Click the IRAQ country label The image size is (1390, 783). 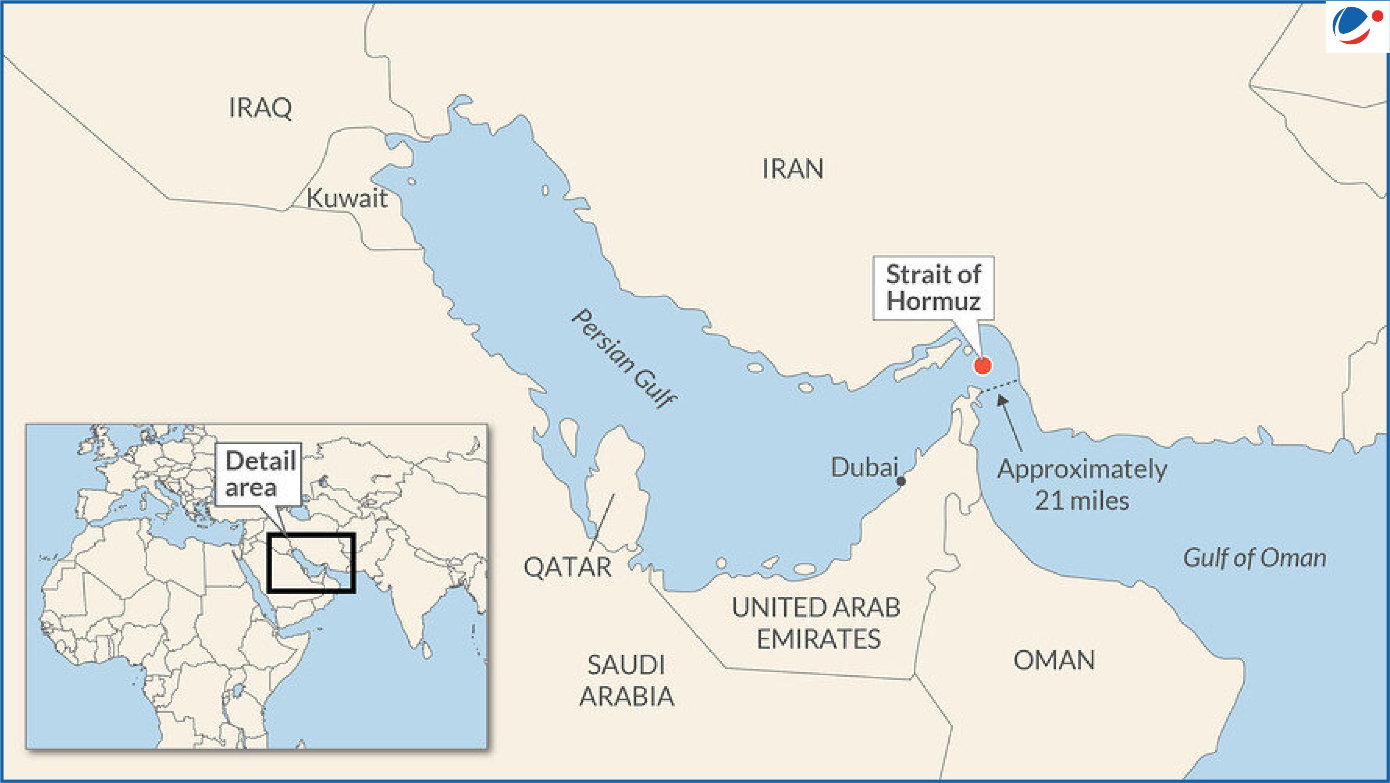point(260,108)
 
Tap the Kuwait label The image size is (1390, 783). point(347,198)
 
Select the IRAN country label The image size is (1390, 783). point(793,169)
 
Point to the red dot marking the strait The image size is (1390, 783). point(982,365)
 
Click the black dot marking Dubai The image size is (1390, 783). point(901,482)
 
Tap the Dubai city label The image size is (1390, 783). point(864,468)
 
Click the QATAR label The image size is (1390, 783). point(568,567)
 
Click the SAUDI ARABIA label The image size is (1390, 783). point(627,680)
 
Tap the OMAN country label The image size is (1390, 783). point(1054,661)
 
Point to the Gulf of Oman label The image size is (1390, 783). point(1255,558)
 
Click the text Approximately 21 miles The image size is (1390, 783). point(1081,485)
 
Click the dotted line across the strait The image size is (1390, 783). point(999,386)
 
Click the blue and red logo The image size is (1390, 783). point(1356,26)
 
